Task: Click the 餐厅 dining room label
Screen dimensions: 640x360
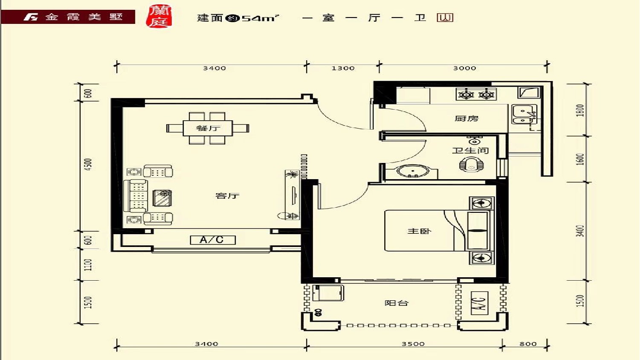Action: click(x=208, y=128)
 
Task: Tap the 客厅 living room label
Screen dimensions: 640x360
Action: click(x=227, y=196)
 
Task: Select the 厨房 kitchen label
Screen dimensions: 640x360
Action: click(x=466, y=118)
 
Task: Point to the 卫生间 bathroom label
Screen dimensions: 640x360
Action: click(x=470, y=150)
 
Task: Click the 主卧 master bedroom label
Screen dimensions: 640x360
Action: click(x=419, y=231)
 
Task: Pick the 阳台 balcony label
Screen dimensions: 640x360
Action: click(x=397, y=303)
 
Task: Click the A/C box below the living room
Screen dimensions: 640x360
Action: click(x=213, y=240)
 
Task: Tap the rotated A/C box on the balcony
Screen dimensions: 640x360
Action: click(x=479, y=303)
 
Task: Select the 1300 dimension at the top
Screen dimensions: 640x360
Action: click(x=343, y=68)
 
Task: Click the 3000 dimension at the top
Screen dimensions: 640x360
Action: click(x=465, y=68)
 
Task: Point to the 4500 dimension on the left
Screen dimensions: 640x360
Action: click(x=89, y=165)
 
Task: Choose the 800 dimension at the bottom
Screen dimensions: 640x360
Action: click(x=528, y=344)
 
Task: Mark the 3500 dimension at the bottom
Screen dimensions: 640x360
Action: click(x=413, y=344)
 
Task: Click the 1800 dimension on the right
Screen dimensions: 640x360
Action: click(x=580, y=110)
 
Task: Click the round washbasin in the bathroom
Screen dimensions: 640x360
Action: click(x=413, y=171)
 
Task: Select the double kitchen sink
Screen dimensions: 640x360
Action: click(x=524, y=114)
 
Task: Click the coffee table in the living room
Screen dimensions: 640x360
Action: click(x=162, y=198)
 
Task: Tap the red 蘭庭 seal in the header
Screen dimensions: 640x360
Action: click(x=159, y=17)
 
